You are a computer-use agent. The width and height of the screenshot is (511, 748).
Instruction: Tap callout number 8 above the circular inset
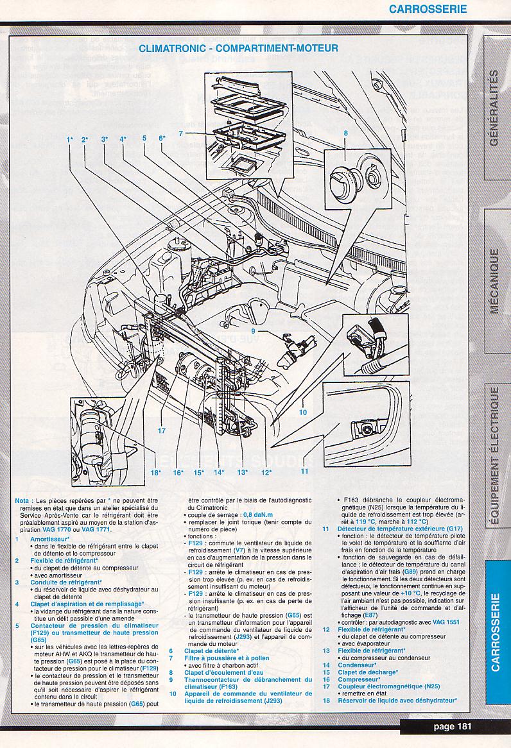[345, 133]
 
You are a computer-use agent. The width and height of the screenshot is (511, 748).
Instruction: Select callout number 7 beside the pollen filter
[182, 133]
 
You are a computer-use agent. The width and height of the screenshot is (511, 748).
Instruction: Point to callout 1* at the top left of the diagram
[69, 139]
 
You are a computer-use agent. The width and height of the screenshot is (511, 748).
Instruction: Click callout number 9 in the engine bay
[254, 331]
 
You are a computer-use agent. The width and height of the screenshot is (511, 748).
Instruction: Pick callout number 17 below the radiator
[162, 430]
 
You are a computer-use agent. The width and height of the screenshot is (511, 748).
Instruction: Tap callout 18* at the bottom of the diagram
[155, 473]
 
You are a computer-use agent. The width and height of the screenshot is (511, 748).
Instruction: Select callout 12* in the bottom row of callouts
[266, 473]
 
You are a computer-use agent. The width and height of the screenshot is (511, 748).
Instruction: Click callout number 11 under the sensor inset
[304, 470]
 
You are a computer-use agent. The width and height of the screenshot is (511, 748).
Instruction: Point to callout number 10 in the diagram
[303, 412]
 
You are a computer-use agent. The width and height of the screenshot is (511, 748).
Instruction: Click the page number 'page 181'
[453, 726]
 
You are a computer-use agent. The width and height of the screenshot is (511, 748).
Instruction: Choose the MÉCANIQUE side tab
[494, 280]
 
